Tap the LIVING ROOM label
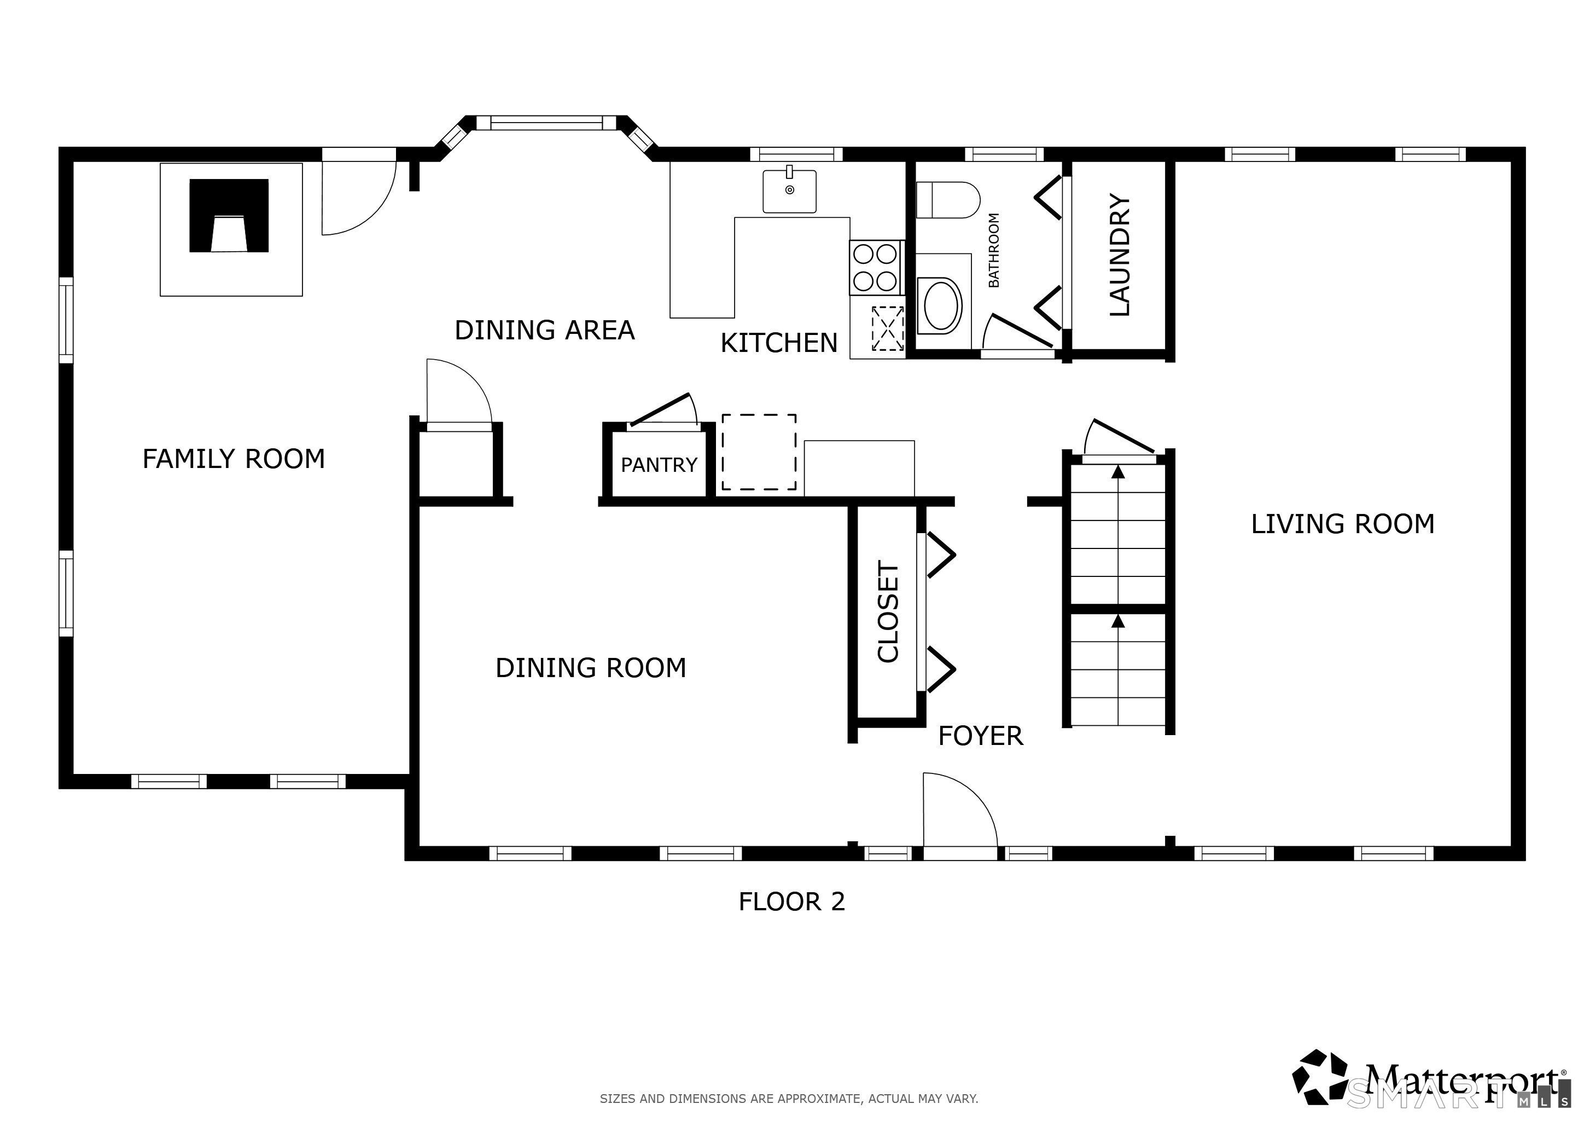[x=1343, y=524]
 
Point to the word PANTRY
[x=659, y=465]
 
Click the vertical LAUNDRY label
[x=1120, y=255]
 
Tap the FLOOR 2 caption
[x=791, y=902]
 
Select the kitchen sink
[x=789, y=190]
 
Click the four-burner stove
[x=876, y=268]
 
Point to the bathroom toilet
[x=948, y=200]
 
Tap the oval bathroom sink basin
[x=942, y=305]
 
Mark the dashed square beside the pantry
[x=759, y=453]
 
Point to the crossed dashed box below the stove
[x=888, y=328]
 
